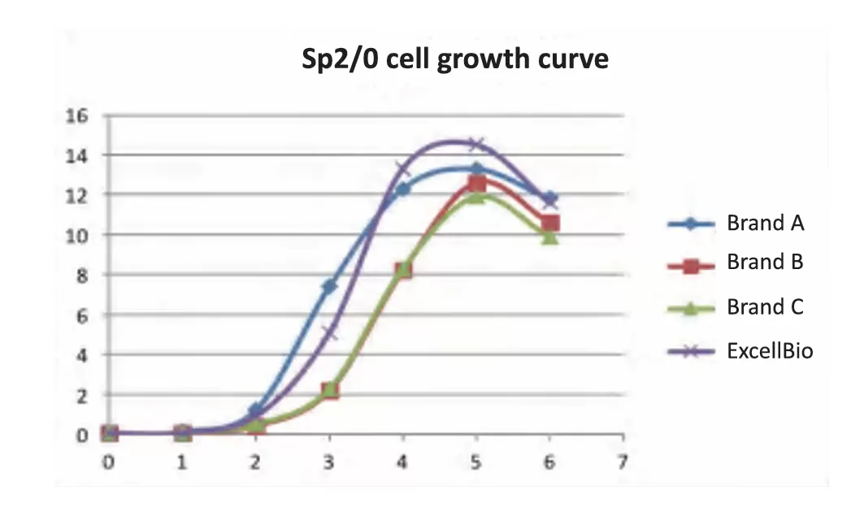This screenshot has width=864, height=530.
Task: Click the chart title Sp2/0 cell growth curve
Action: (454, 60)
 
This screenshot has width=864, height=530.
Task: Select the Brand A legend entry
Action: (765, 223)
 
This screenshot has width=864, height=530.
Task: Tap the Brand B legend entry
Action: (765, 263)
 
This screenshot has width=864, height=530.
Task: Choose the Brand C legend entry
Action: (765, 306)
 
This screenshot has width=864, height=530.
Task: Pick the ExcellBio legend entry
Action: (770, 351)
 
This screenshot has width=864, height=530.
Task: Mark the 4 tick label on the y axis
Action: (80, 355)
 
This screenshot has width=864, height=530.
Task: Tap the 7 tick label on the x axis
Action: (623, 463)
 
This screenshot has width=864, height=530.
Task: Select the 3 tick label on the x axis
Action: (329, 463)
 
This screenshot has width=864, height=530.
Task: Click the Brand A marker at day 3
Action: (329, 286)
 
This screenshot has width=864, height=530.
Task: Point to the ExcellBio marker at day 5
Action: (476, 145)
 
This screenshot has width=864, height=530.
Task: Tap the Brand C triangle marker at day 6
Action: (549, 237)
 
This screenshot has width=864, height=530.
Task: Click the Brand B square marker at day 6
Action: (549, 224)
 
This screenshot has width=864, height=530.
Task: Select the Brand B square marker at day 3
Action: (329, 391)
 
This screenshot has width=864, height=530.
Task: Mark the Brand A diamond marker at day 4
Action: (402, 189)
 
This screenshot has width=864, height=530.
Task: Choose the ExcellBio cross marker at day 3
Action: (329, 332)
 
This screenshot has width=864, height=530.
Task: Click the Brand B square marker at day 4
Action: (402, 270)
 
